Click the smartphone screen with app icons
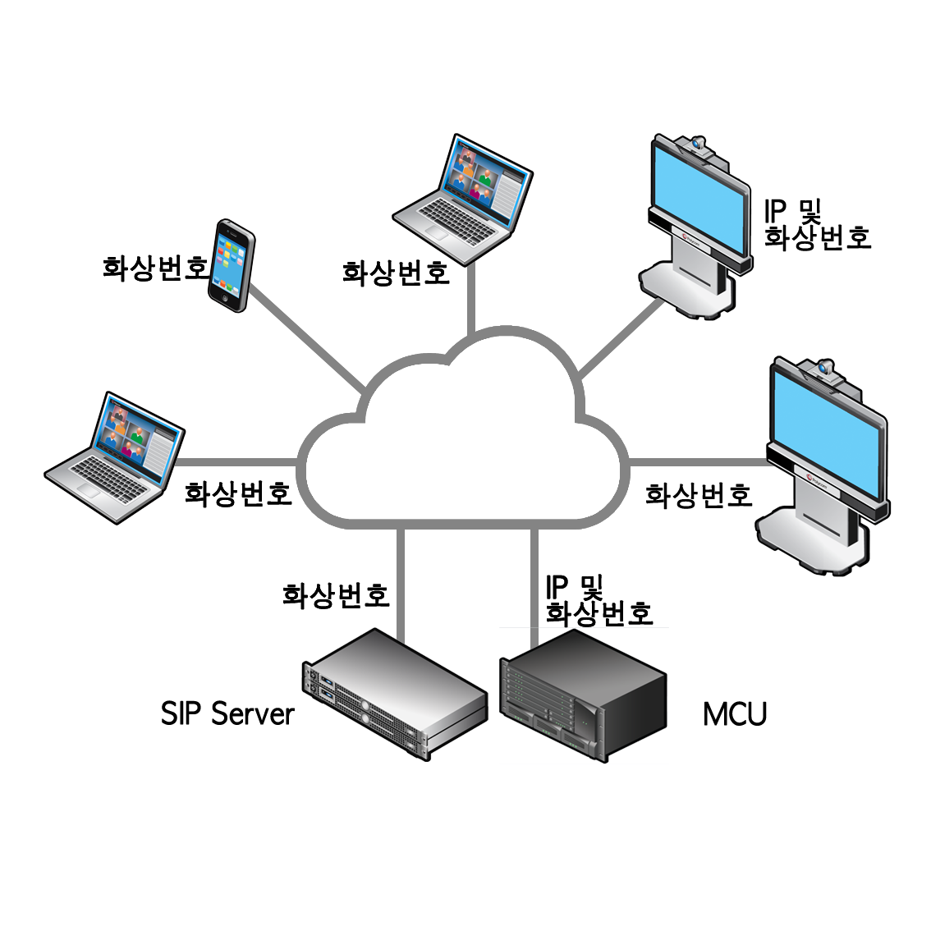[x=232, y=258]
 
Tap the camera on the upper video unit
[x=699, y=146]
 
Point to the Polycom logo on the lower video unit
[x=813, y=479]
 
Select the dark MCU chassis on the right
[x=582, y=694]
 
